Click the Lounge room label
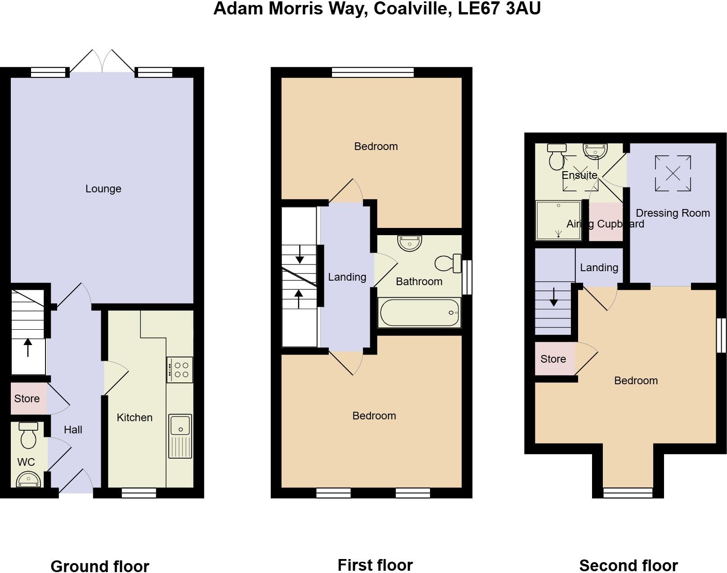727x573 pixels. [x=103, y=189]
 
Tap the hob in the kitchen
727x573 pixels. [x=180, y=370]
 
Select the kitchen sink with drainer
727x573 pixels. [x=180, y=436]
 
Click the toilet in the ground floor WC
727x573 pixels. [x=28, y=435]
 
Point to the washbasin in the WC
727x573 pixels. [x=28, y=479]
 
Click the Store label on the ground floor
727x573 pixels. [x=27, y=399]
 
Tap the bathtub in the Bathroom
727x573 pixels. [x=419, y=312]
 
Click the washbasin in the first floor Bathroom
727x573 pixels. [x=409, y=243]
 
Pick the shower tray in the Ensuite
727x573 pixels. [x=558, y=220]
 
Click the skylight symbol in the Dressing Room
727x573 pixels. [x=673, y=173]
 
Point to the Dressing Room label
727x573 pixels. [x=673, y=213]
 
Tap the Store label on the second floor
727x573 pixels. [x=553, y=359]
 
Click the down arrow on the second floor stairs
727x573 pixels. [x=553, y=297]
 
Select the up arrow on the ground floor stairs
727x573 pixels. [x=28, y=347]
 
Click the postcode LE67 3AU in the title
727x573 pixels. [x=499, y=9]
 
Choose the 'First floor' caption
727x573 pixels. [x=375, y=565]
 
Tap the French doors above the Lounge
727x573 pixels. [x=102, y=62]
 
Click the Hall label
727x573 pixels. [x=73, y=430]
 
